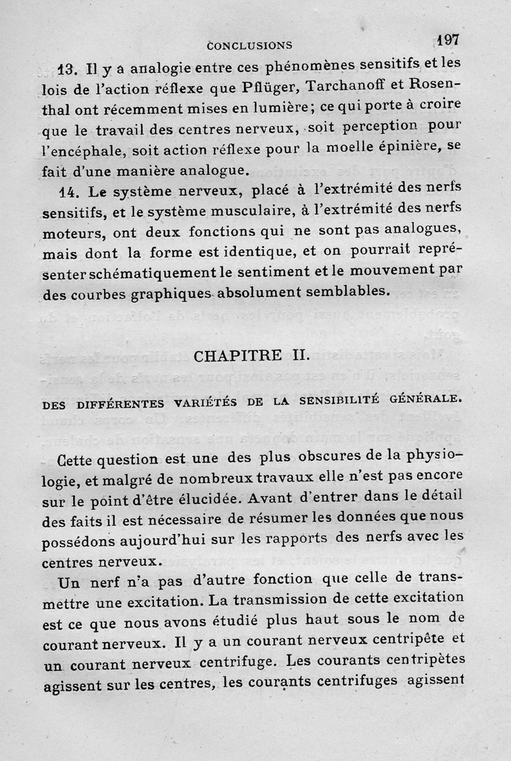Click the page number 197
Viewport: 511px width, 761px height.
pyautogui.click(x=448, y=39)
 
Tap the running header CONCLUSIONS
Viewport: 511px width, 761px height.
pyautogui.click(x=250, y=45)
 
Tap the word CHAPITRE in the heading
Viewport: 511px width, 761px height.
pyautogui.click(x=233, y=355)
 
